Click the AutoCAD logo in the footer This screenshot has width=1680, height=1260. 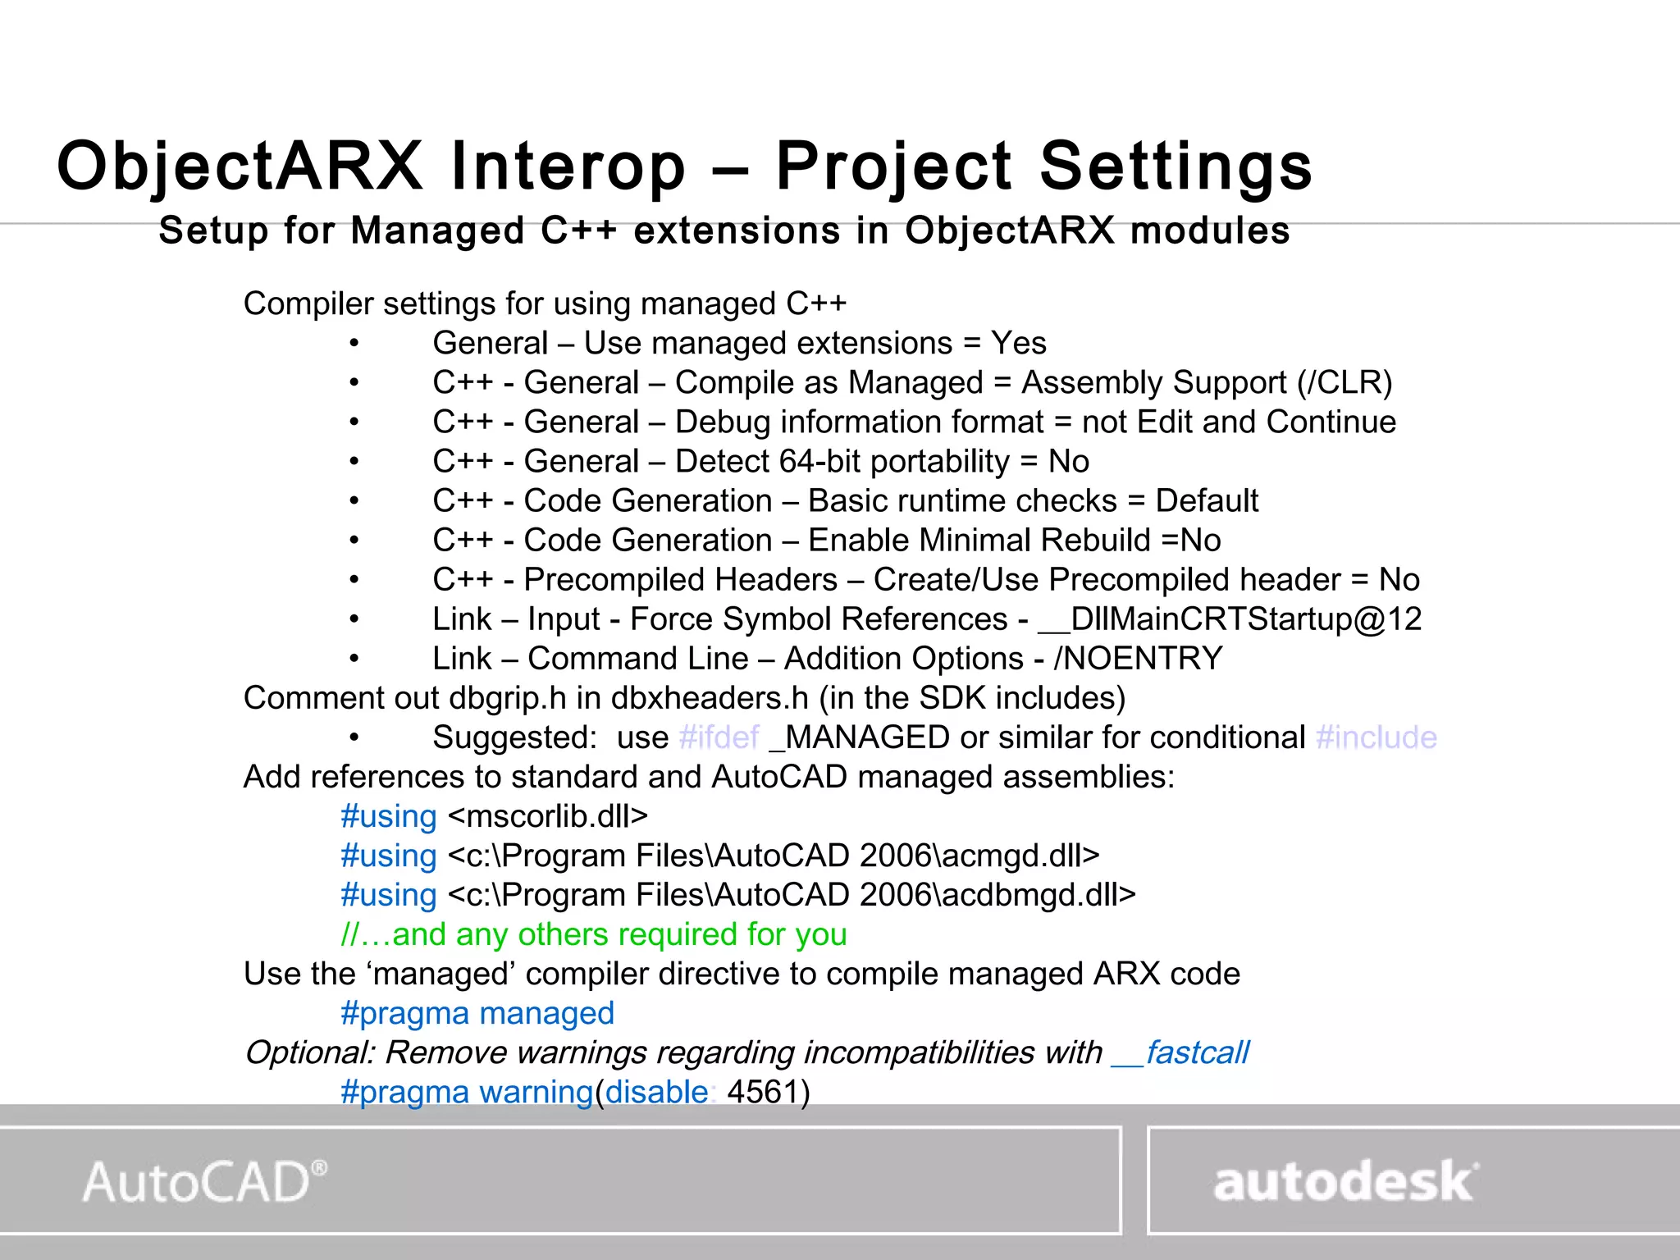204,1182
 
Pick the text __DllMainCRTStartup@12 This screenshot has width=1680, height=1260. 1230,619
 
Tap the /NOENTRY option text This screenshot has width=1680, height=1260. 1139,659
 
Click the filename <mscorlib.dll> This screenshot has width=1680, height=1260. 548,816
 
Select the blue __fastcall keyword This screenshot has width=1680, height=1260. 1180,1052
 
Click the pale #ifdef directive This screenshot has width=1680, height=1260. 719,737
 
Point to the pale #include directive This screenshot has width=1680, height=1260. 1376,737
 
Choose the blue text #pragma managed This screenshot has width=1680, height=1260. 477,1014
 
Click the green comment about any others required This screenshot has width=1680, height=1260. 594,934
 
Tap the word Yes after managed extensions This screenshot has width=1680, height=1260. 1018,343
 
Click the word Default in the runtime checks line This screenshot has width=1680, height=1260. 1207,501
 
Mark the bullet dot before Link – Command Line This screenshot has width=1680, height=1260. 354,659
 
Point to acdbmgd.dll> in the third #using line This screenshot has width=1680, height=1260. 1039,895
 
